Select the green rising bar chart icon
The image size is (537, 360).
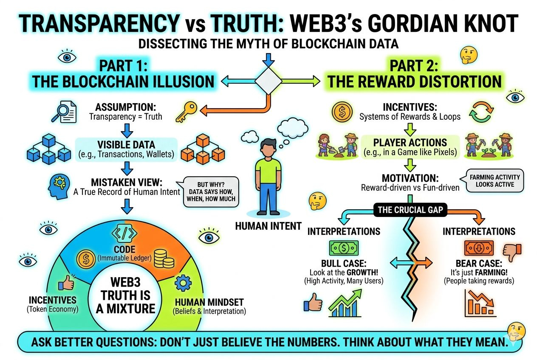(345, 302)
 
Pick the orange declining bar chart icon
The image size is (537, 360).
(478, 303)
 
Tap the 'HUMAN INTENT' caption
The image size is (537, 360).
(268, 226)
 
